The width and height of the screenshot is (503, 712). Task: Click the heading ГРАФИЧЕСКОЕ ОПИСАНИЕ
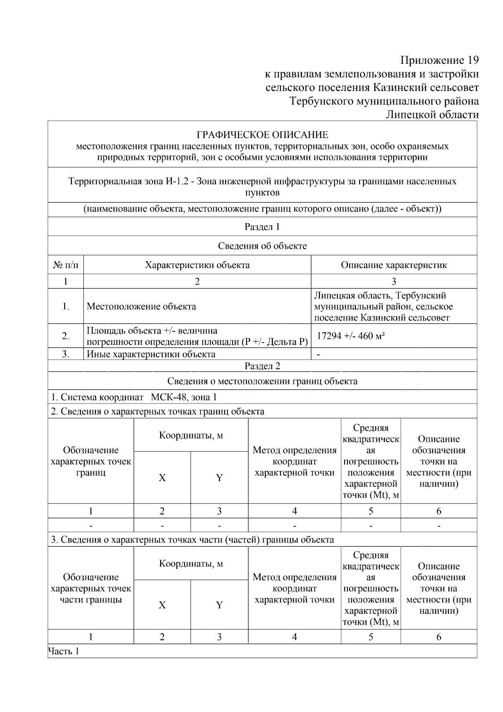coord(262,135)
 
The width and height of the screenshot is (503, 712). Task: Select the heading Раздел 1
coord(262,227)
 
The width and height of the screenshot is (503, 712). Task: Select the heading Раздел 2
coord(262,366)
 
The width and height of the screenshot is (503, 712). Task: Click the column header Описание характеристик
coord(394,265)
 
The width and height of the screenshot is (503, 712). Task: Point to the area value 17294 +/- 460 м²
coord(351,336)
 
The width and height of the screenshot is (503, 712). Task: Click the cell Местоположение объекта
coord(141,306)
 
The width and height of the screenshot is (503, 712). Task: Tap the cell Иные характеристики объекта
coord(151,354)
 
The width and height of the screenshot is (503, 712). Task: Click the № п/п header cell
coord(66,265)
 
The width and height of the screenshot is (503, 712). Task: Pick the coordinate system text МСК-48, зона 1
coord(184,397)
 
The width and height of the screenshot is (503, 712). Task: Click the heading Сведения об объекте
coord(262,246)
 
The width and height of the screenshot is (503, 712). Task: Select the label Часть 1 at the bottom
coord(64,651)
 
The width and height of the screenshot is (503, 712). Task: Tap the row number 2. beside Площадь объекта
coord(66,336)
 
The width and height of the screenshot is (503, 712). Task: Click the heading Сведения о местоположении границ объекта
coord(262,381)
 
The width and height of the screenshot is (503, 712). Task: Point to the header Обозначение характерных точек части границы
coord(91,588)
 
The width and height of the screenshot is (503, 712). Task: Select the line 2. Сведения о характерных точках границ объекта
coord(158,411)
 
